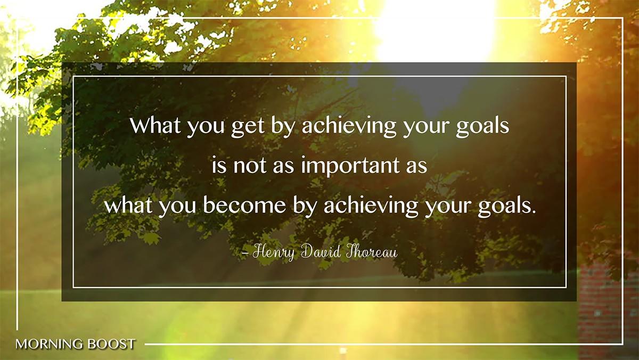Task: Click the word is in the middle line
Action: (x=219, y=165)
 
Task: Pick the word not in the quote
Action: (x=250, y=166)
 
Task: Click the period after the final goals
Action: (x=533, y=212)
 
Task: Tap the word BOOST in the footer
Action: (x=111, y=345)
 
